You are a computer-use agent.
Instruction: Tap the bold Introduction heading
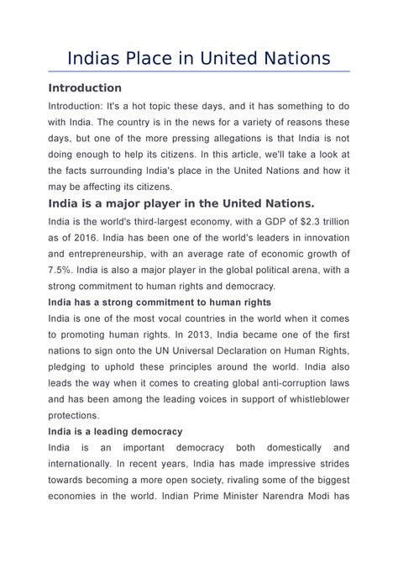[85, 88]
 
